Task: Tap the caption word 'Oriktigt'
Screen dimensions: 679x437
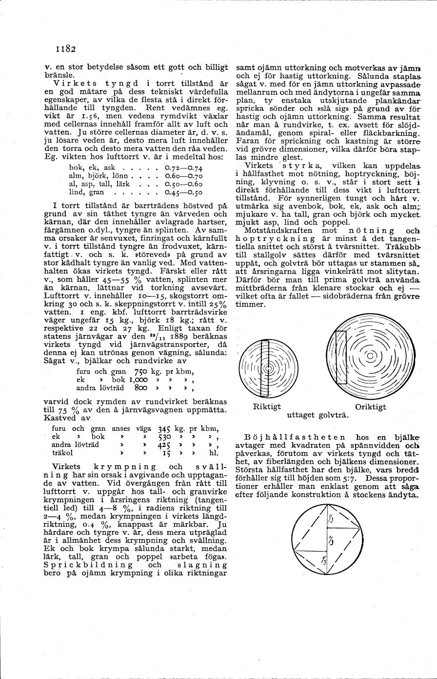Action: tap(370, 406)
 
